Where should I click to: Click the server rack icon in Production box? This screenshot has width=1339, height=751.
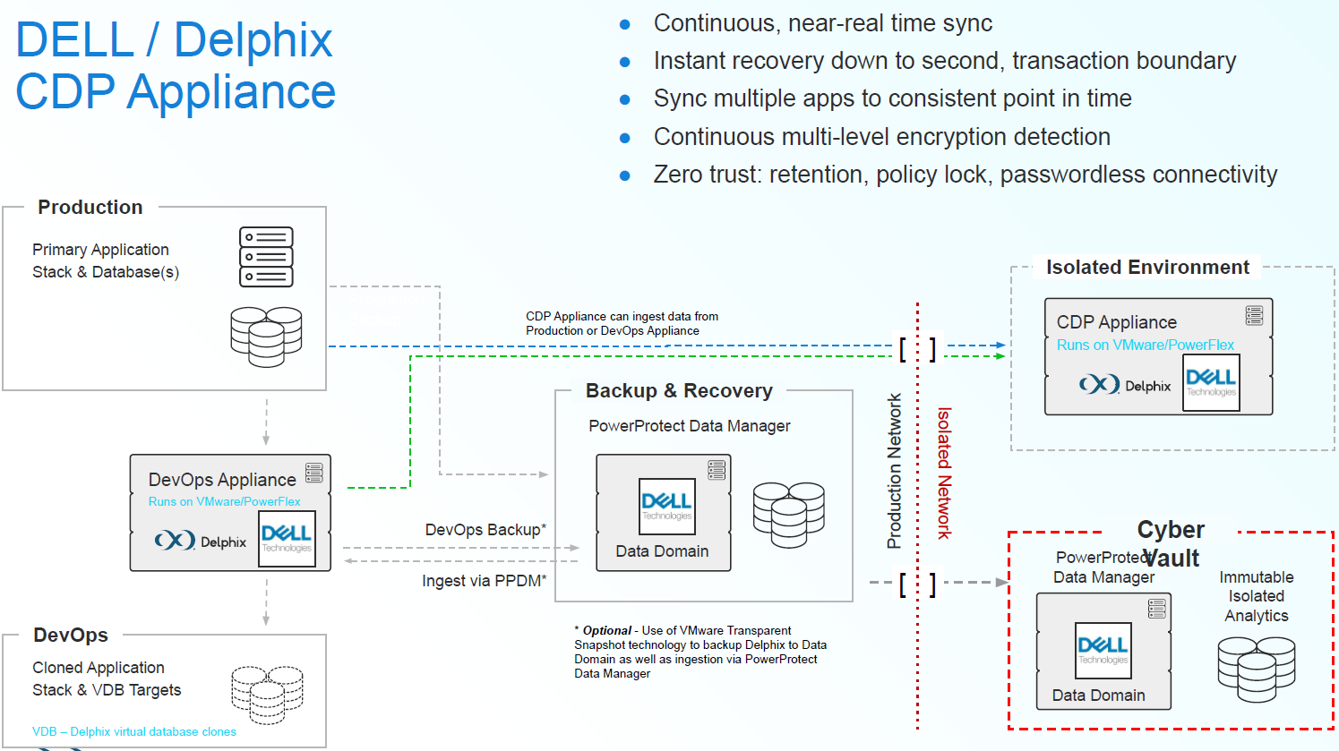pyautogui.click(x=266, y=257)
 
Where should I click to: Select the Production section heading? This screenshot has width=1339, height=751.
pyautogui.click(x=90, y=208)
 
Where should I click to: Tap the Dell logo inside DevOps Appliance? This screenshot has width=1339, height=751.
pyautogui.click(x=287, y=538)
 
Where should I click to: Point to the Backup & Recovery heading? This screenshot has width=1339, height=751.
pyautogui.click(x=679, y=391)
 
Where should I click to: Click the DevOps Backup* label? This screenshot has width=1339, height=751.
pyautogui.click(x=485, y=530)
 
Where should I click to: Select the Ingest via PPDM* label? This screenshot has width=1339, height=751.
pyautogui.click(x=484, y=581)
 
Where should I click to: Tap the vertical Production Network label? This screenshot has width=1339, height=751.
pyautogui.click(x=894, y=471)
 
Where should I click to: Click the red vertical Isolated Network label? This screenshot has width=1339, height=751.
pyautogui.click(x=944, y=473)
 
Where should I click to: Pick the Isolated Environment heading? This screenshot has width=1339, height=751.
pyautogui.click(x=1147, y=268)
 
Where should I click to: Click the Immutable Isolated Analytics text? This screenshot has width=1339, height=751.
pyautogui.click(x=1257, y=596)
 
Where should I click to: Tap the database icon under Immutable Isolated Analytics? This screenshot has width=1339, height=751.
pyautogui.click(x=1257, y=669)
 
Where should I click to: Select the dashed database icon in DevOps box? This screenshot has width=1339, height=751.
pyautogui.click(x=267, y=694)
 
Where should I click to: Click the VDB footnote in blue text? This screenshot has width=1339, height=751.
pyautogui.click(x=134, y=731)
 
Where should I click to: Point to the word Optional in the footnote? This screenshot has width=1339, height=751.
pyautogui.click(x=607, y=630)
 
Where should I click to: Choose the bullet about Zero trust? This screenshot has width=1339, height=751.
pyautogui.click(x=965, y=175)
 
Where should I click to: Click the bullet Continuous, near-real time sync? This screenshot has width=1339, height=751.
pyautogui.click(x=822, y=23)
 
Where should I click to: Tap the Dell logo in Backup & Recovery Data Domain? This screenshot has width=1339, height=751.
pyautogui.click(x=666, y=506)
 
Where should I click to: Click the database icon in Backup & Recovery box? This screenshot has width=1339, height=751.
pyautogui.click(x=788, y=515)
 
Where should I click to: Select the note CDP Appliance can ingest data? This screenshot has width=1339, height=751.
pyautogui.click(x=622, y=323)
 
